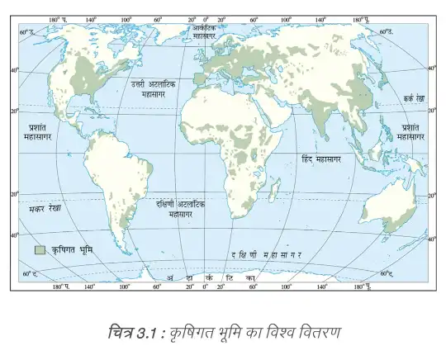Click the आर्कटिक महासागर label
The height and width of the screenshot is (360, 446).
pos(204,32)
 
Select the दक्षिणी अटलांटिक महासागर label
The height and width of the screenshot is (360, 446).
pos(180,207)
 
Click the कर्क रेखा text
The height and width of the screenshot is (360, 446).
pos(409,97)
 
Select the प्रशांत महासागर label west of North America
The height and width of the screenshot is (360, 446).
pos(39,132)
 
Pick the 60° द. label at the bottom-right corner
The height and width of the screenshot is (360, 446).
pos(386,273)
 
